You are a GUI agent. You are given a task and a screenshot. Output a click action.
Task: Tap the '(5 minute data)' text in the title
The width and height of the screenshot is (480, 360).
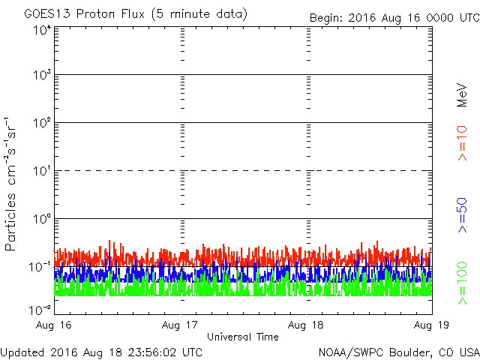coord(202,14)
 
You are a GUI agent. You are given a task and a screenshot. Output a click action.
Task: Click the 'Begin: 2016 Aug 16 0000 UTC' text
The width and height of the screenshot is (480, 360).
coord(394,17)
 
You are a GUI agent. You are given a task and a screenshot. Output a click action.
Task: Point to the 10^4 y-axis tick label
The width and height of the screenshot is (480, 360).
coord(40,31)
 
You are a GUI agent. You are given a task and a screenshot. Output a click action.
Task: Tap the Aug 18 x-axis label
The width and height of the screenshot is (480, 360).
coord(306,326)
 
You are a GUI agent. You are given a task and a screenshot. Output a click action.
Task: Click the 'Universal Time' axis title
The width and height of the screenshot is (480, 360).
coord(243,337)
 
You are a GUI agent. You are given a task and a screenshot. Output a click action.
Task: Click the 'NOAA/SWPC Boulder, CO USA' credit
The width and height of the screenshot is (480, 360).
coord(398,352)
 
